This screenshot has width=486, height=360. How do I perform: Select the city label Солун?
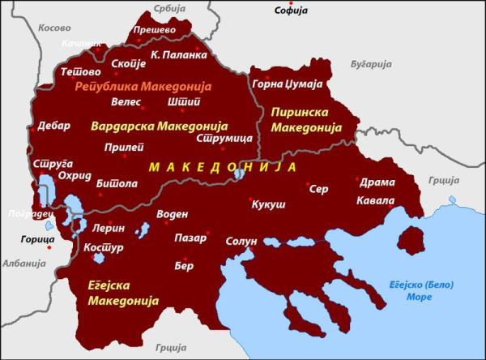(241, 242)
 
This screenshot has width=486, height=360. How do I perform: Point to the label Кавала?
(377, 200)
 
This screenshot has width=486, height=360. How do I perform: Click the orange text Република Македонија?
(143, 86)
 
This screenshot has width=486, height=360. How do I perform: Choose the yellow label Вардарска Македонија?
(159, 127)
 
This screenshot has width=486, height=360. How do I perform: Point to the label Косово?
(54, 28)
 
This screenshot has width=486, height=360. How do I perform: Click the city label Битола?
(117, 184)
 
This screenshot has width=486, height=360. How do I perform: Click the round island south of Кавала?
(412, 240)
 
